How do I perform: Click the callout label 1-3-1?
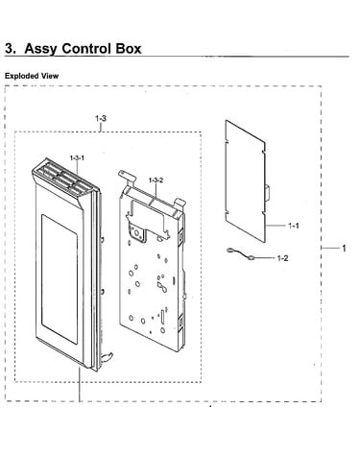[x=77, y=157]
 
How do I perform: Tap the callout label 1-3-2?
[x=156, y=180]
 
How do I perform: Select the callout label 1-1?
[x=294, y=226]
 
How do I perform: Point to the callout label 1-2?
[x=282, y=258]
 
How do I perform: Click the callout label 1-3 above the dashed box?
[x=101, y=118]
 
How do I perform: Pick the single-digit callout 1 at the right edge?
[x=344, y=248]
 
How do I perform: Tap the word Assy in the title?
[x=41, y=49]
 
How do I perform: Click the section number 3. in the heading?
[x=11, y=49]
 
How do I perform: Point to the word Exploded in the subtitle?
[x=21, y=76]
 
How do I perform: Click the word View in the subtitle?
[x=49, y=76]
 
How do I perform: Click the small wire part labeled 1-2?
[x=240, y=253]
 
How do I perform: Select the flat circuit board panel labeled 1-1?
[x=246, y=180]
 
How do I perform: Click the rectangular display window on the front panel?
[x=60, y=279]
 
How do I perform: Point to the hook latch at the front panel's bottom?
[x=107, y=356]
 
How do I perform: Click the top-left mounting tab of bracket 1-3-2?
[x=126, y=176]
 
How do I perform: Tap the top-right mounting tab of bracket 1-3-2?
[x=180, y=203]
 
